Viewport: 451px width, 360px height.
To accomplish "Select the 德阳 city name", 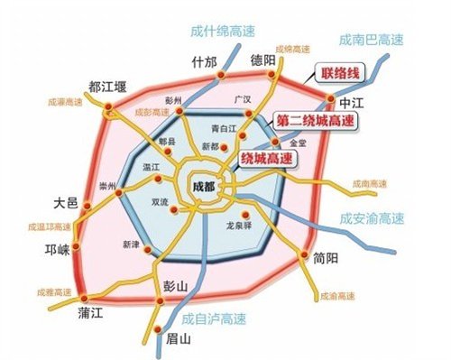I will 262,61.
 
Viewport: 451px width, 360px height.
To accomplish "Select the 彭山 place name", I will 176,286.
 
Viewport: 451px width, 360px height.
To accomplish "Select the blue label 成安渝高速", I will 373,218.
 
